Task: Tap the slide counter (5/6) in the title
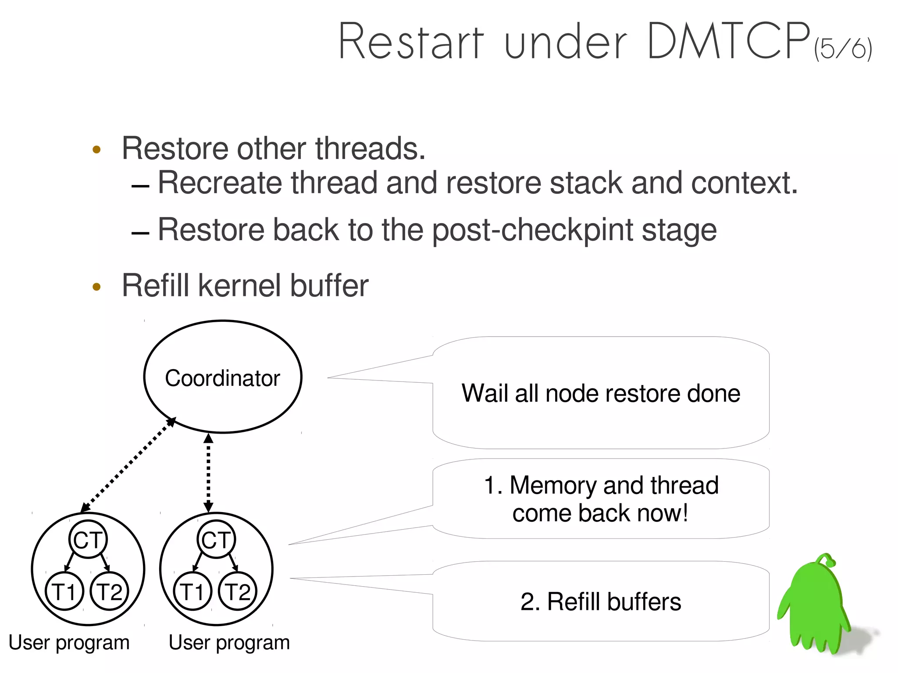pyautogui.click(x=843, y=49)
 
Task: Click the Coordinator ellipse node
pyautogui.click(x=223, y=377)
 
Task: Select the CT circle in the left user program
pyautogui.click(x=88, y=539)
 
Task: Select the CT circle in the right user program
pyautogui.click(x=216, y=539)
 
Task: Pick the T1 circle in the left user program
pyautogui.click(x=64, y=591)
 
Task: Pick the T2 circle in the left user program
pyautogui.click(x=110, y=591)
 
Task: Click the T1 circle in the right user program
pyautogui.click(x=193, y=591)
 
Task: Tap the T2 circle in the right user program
pyautogui.click(x=238, y=591)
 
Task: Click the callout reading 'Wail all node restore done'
pyautogui.click(x=601, y=393)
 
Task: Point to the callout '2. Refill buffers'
pyautogui.click(x=601, y=601)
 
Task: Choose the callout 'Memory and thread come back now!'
pyautogui.click(x=601, y=499)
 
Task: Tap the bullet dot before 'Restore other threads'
pyautogui.click(x=97, y=150)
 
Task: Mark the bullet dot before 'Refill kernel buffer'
pyautogui.click(x=97, y=287)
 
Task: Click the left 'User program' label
pyautogui.click(x=69, y=643)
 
